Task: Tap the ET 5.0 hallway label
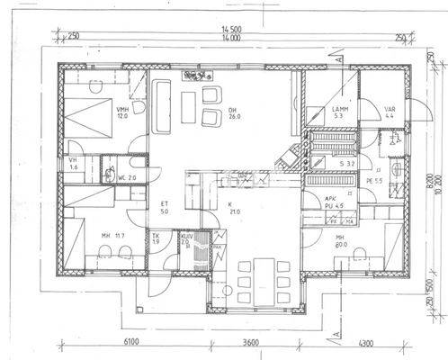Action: (164, 208)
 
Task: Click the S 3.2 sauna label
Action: (346, 166)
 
